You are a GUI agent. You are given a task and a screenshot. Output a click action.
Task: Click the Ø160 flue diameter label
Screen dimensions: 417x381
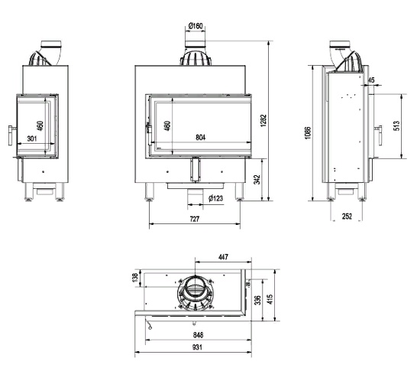(196, 26)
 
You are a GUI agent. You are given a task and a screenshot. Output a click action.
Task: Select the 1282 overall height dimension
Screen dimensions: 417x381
(263, 120)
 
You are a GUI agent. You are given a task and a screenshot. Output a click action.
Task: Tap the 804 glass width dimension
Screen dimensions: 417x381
(201, 137)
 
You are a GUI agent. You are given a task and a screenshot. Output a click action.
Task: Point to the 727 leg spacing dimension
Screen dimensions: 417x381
(195, 219)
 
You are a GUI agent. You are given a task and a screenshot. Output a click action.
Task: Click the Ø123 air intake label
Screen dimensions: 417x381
(215, 198)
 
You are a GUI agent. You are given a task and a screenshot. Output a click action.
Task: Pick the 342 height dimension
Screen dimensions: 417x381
(257, 179)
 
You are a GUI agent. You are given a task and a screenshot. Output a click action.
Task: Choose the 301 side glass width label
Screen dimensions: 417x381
(32, 138)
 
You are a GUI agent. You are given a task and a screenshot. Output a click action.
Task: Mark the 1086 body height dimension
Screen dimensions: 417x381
(308, 133)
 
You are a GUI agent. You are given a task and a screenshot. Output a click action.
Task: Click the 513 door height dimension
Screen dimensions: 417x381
(396, 125)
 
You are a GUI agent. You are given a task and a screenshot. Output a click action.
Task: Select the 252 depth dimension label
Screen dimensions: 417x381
(347, 216)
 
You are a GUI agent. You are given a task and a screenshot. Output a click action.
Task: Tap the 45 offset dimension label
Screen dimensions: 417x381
(371, 80)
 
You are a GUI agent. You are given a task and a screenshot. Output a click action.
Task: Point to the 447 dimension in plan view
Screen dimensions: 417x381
(223, 257)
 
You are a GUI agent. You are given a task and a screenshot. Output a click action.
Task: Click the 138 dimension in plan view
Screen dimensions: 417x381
(135, 278)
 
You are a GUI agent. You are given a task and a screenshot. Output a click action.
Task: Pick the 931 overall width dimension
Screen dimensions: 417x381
(197, 347)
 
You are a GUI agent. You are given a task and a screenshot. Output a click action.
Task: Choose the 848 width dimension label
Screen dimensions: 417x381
(198, 334)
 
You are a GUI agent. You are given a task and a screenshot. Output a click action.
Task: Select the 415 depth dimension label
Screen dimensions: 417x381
(270, 299)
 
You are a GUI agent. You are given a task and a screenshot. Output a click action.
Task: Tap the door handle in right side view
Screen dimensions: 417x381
(380, 135)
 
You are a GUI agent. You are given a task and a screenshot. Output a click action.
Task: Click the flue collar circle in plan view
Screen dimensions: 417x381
(195, 287)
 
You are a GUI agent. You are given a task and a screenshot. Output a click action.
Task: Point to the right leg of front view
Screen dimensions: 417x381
(239, 191)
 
